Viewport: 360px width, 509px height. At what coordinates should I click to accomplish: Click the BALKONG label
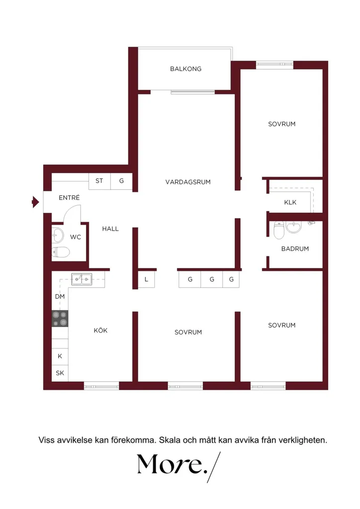coord(185,69)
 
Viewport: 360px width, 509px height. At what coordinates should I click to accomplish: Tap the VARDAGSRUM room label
coord(188,182)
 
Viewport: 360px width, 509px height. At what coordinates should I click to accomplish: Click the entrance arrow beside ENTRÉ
coord(35,202)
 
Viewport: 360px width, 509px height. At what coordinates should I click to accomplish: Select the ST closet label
coord(99,181)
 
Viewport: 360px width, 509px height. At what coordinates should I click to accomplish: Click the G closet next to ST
coord(121,181)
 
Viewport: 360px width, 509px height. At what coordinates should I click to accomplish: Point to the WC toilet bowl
coord(61,252)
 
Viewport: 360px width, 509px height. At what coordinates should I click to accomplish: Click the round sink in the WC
coord(58,235)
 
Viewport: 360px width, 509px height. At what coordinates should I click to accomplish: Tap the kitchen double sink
coord(82,279)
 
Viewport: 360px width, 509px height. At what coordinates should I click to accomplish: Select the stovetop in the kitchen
coord(60,319)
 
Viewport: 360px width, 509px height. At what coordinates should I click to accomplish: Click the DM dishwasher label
coord(60,296)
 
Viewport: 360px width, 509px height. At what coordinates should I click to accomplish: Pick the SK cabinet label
coord(60,373)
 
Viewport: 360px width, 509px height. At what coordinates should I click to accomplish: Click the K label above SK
coord(60,356)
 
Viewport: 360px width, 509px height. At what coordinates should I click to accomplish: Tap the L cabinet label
coord(146,279)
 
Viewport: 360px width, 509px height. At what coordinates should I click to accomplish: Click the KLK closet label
coord(290,202)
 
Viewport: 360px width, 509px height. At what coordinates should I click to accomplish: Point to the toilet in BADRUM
coord(279,230)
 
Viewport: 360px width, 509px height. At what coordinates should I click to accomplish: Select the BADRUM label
coord(295,249)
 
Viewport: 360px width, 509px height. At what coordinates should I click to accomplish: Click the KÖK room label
coord(100,331)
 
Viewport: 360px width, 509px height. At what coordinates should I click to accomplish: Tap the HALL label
coord(110,229)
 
